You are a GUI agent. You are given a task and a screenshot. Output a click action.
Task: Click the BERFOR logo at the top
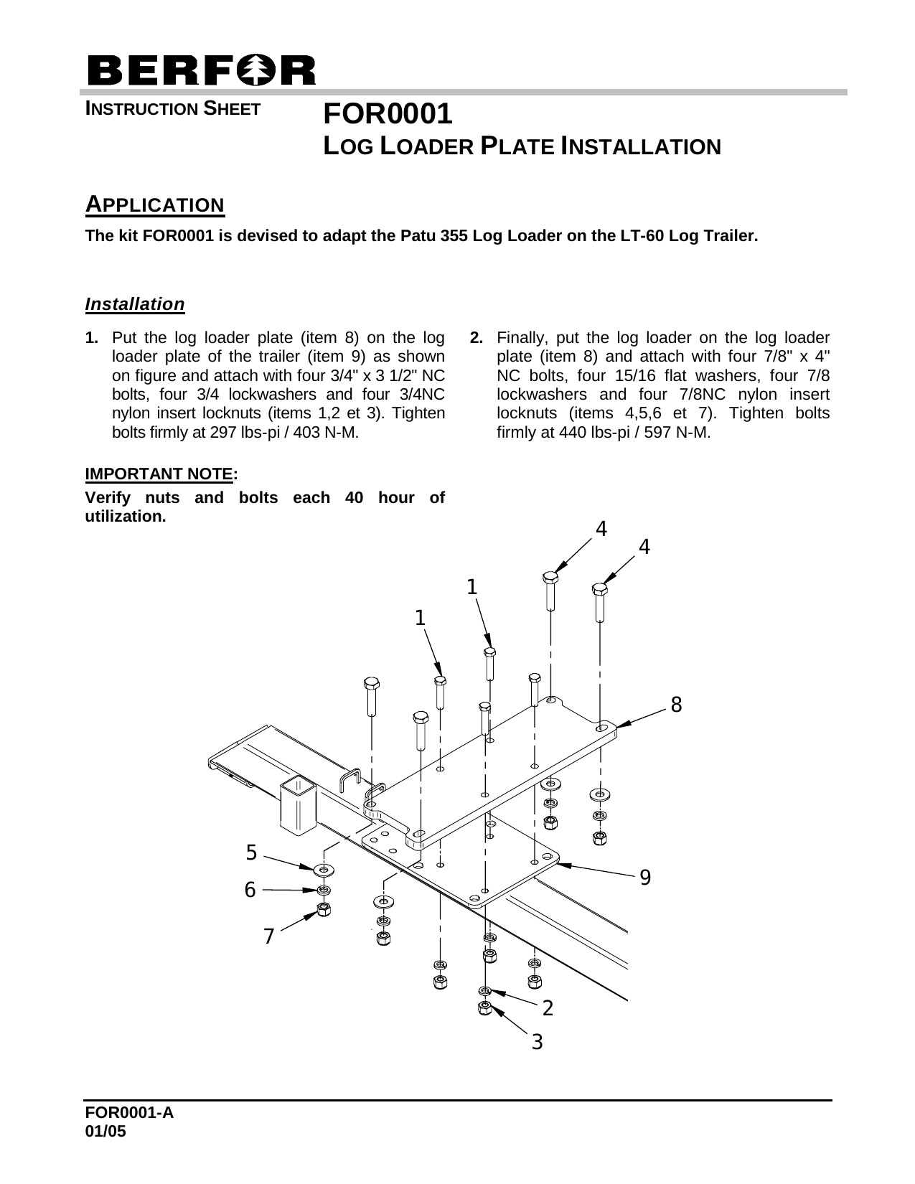pos(201,70)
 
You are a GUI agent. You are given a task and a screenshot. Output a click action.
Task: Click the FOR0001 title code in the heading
pos(388,114)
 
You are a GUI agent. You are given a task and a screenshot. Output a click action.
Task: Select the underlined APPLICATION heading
pos(155,205)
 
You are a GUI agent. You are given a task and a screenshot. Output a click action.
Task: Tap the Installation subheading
pos(135,304)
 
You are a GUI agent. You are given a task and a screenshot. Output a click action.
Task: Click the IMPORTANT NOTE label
pos(159,474)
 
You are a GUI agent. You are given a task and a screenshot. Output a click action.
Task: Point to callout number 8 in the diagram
pos(675,705)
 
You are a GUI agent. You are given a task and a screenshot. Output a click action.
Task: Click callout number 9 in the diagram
pos(645,876)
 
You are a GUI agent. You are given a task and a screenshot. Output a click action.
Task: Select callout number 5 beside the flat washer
pos(251,852)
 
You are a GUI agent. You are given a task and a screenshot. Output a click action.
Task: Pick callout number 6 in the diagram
pos(250,890)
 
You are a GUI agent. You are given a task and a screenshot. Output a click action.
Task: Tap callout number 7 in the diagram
pos(268,936)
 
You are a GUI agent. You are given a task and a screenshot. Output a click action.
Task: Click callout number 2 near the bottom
pos(548,1008)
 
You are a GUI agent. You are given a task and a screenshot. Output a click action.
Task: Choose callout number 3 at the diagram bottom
pos(537,1041)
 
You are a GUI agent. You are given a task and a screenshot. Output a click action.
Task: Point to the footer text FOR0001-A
pos(129,1112)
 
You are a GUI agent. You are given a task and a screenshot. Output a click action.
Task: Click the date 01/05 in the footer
pos(105,1132)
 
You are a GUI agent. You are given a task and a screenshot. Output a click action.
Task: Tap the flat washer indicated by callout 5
pos(324,870)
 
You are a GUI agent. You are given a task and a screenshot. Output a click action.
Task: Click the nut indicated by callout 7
pos(324,910)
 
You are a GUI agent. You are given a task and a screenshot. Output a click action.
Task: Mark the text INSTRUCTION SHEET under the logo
pos(172,109)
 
